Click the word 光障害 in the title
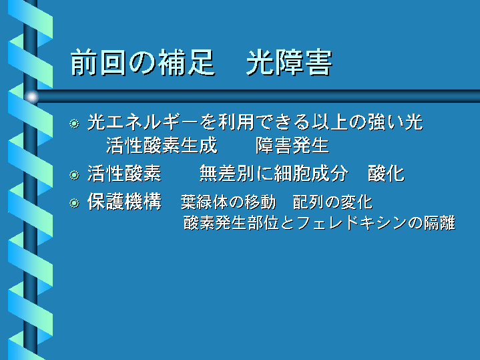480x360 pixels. point(289,63)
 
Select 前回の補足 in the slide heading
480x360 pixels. point(143,63)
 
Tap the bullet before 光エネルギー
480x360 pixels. point(74,124)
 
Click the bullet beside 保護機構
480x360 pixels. point(74,203)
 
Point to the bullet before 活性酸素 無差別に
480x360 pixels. point(74,175)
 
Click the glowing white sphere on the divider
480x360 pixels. point(31,97)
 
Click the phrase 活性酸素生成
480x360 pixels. point(162,145)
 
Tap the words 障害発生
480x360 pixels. point(292,145)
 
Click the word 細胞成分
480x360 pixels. point(310,174)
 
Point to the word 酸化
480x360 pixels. point(386,174)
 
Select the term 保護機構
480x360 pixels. point(125,202)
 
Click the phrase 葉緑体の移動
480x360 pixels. point(228,202)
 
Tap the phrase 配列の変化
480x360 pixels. point(332,202)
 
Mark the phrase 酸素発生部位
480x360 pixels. point(231,222)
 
